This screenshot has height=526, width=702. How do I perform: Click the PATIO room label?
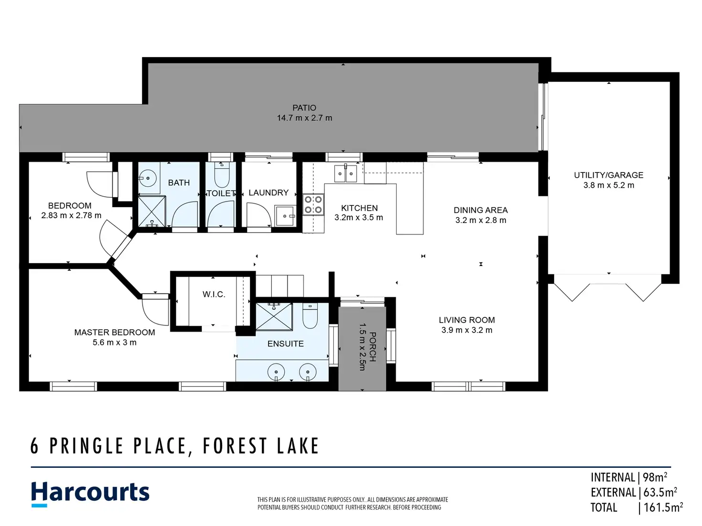[304, 108]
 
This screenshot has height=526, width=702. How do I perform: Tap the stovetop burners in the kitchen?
[313, 205]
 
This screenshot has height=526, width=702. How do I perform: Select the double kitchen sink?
[345, 173]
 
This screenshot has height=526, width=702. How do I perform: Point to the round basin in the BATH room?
[148, 178]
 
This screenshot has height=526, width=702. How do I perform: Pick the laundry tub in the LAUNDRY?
[285, 216]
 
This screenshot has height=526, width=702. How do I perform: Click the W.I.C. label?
[214, 294]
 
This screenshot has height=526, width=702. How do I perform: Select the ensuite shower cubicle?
[274, 317]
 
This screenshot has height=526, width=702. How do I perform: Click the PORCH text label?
[372, 346]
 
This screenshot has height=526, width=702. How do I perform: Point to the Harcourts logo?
[90, 494]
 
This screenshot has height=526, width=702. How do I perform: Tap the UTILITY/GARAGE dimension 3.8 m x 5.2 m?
[609, 185]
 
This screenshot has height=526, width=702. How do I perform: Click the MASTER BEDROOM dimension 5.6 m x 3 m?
[114, 343]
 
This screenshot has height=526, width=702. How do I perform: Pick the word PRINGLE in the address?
[86, 446]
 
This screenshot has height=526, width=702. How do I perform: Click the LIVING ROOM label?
[466, 320]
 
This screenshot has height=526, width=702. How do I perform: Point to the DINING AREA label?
[481, 210]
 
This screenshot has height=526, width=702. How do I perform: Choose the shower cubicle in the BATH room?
[152, 212]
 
